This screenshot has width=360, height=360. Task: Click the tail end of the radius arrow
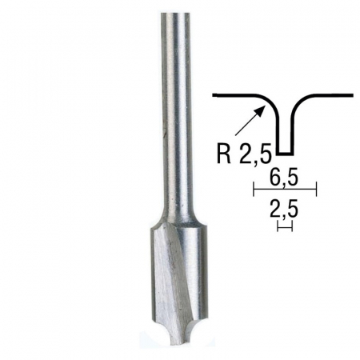238,134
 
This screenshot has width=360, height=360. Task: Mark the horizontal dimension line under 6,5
285,190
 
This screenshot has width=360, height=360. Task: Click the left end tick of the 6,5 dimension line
253,190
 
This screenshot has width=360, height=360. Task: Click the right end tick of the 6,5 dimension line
318,190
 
